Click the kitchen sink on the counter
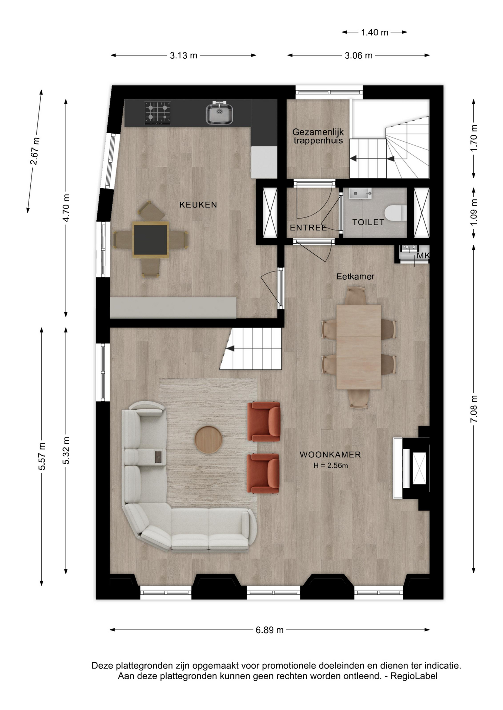click(220, 113)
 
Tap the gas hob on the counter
click(158, 113)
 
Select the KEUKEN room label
click(198, 205)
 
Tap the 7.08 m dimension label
click(474, 409)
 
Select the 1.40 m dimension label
click(374, 33)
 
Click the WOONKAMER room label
click(330, 455)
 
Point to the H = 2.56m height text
click(330, 466)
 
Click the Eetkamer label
click(355, 277)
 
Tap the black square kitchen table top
click(150, 240)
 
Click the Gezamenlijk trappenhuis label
click(318, 136)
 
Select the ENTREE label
click(308, 228)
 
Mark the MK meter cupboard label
click(423, 256)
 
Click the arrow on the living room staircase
click(230, 348)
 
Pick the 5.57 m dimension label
click(42, 456)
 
